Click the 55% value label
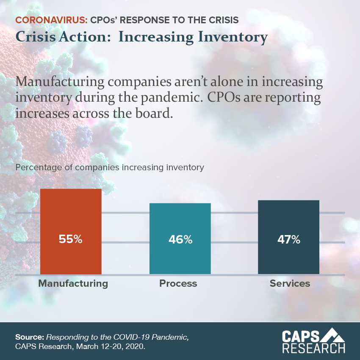point(71,239)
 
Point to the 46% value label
point(180,239)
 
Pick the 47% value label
point(288,239)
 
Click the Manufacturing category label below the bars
point(73,283)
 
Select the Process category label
point(178,283)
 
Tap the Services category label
point(290,283)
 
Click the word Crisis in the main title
point(32,37)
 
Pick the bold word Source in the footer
point(29,338)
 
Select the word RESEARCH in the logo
point(313,349)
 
